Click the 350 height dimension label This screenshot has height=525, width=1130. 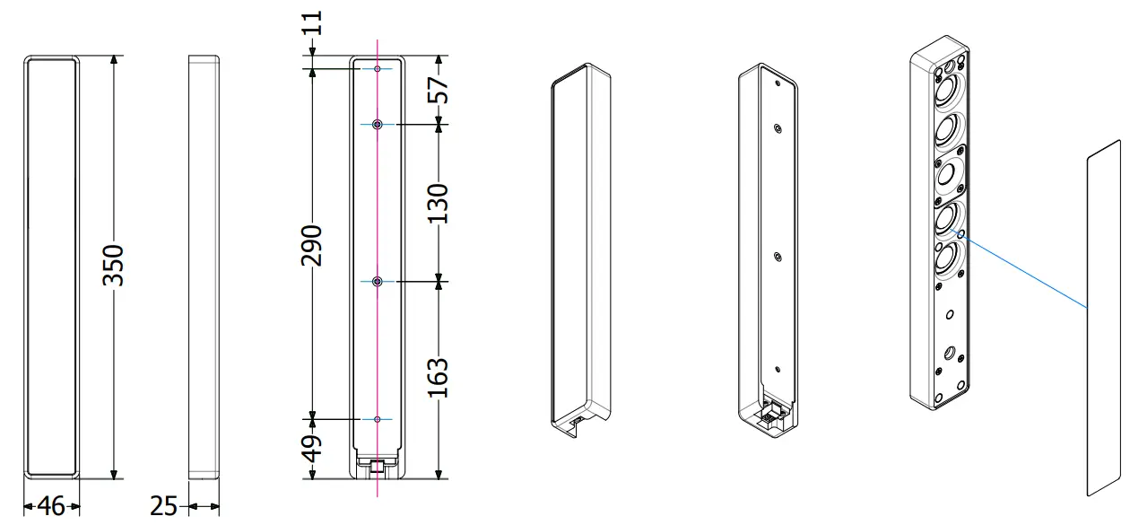(x=113, y=266)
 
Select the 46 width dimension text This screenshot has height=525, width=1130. (x=51, y=506)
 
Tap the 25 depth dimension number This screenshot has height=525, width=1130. (x=164, y=506)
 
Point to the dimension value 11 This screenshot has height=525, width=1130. (x=313, y=28)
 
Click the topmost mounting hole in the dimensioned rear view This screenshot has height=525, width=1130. (x=378, y=68)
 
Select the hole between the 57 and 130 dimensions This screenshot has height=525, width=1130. (x=378, y=125)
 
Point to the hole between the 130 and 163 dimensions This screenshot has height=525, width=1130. (x=378, y=282)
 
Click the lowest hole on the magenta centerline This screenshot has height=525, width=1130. (x=378, y=419)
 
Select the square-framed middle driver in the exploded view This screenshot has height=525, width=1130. (x=949, y=176)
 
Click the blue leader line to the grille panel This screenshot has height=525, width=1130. (x=1022, y=269)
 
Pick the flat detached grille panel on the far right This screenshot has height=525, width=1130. (x=1104, y=319)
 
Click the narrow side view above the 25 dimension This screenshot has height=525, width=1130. (x=204, y=266)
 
